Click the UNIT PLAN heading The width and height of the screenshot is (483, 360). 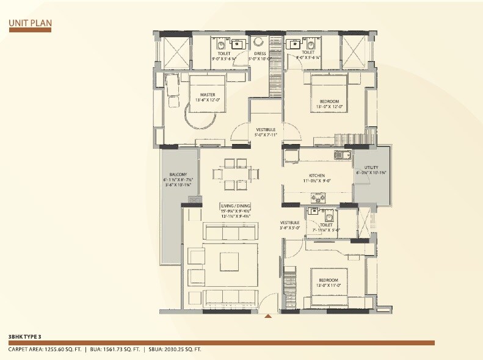pyautogui.click(x=31, y=24)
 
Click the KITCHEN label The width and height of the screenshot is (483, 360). pyautogui.click(x=316, y=175)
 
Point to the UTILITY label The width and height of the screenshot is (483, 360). pyautogui.click(x=372, y=167)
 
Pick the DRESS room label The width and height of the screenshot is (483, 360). pyautogui.click(x=260, y=54)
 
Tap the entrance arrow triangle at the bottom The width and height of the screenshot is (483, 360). pyautogui.click(x=267, y=316)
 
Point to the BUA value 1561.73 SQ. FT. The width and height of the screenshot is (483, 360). pyautogui.click(x=122, y=350)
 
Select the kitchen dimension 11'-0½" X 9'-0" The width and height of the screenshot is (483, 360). pyautogui.click(x=316, y=181)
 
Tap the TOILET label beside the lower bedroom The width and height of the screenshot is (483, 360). pyautogui.click(x=325, y=225)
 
